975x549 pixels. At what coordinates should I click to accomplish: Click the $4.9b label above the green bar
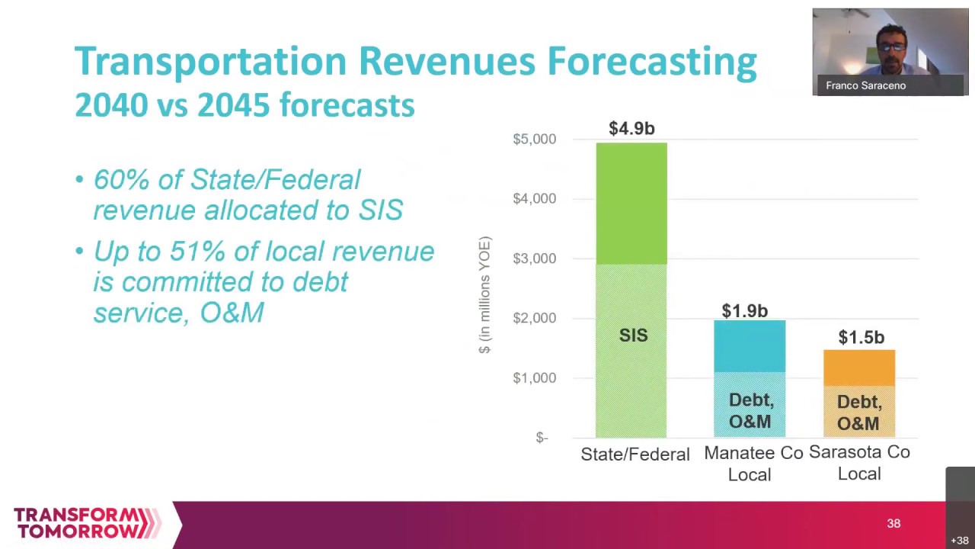[x=631, y=129]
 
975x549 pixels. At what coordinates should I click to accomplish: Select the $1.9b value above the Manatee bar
[x=744, y=311]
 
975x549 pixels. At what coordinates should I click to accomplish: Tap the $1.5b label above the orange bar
[x=861, y=337]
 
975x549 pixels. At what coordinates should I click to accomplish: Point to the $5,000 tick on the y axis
[x=534, y=140]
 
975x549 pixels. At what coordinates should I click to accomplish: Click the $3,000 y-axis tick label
[x=534, y=258]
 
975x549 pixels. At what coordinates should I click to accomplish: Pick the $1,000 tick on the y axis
[x=534, y=378]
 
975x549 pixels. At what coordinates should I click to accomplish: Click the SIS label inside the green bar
[x=633, y=335]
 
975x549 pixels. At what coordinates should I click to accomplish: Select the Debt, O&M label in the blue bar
[x=750, y=411]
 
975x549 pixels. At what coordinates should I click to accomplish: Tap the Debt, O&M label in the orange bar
[x=858, y=413]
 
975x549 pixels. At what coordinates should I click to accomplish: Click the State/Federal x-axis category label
[x=635, y=454]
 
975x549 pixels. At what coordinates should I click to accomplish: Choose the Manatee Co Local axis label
[x=753, y=464]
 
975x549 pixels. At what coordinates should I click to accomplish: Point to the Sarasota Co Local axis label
[x=859, y=463]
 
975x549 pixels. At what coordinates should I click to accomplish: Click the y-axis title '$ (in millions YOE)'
[x=485, y=295]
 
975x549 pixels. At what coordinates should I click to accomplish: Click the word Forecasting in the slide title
[x=651, y=62]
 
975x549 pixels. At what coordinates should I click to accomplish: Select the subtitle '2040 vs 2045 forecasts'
[x=245, y=105]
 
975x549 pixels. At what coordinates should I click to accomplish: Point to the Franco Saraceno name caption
[x=865, y=86]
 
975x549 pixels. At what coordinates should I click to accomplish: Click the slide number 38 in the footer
[x=893, y=524]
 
